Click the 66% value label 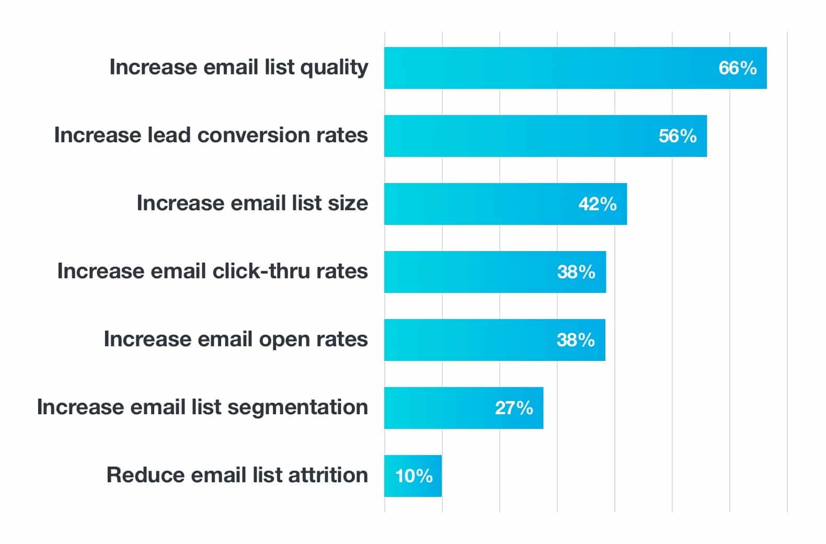click(x=737, y=68)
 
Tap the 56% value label click(x=678, y=136)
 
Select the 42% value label click(x=598, y=204)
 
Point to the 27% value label click(x=514, y=408)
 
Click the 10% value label click(x=414, y=476)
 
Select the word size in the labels click(x=348, y=203)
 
